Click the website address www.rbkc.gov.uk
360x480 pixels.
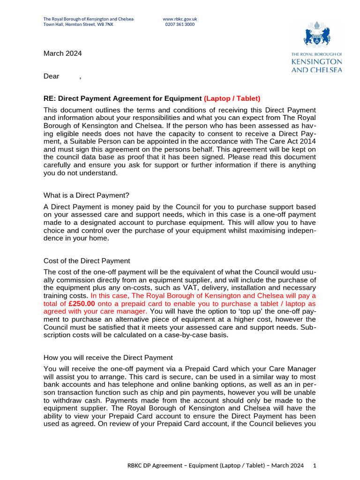pos(180,19)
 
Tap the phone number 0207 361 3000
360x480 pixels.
pos(180,24)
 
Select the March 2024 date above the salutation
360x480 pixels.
pos(62,53)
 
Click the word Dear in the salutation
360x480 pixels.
pos(52,76)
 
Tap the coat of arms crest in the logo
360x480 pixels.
pos(317,36)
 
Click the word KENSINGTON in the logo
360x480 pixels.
pos(316,62)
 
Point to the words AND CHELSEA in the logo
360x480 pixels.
pos(316,70)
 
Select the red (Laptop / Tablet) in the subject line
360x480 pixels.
pos(232,98)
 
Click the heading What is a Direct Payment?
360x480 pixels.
pos(86,195)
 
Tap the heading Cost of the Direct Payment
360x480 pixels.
pos(87,261)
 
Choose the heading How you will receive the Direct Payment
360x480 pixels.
pos(108,357)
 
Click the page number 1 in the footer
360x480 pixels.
pos(315,465)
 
